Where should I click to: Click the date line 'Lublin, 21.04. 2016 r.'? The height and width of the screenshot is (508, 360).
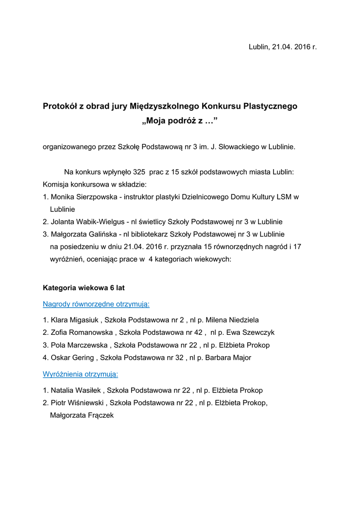(x=283, y=47)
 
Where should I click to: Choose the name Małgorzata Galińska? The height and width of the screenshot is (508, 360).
(x=83, y=234)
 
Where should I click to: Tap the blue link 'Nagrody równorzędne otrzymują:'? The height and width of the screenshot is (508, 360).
(x=96, y=304)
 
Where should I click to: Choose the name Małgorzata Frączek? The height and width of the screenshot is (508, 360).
(x=82, y=415)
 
